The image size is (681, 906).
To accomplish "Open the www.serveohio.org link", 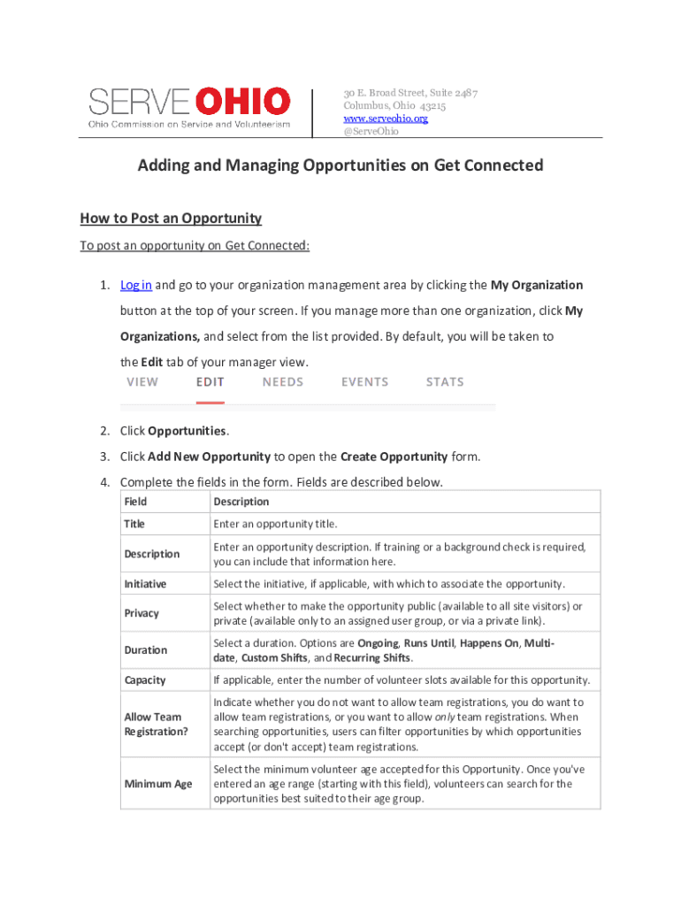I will coord(386,119).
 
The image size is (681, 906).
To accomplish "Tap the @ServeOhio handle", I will coord(371,131).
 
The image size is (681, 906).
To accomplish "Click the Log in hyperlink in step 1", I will coord(136,285).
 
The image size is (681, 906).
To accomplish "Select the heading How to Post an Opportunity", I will coord(171,218).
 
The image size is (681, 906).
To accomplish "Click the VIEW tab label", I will coord(142,382).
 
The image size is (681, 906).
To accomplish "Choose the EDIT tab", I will coord(210,382).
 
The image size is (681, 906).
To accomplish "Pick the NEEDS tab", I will coord(283,382).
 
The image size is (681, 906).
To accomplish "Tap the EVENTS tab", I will coord(364,382).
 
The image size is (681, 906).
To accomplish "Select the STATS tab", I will coord(445,382).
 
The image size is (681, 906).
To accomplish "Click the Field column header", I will coord(135,502).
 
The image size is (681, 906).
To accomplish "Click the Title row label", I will coord(134,524).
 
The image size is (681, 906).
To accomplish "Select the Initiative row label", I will coord(145,584).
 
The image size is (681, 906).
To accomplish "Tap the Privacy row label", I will coord(142,613).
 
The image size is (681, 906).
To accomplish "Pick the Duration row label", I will coord(145,650).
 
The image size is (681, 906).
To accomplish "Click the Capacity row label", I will coord(145,680).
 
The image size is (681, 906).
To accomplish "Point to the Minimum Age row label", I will coord(158,784).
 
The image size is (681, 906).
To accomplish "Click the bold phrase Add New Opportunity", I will coord(209,457).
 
